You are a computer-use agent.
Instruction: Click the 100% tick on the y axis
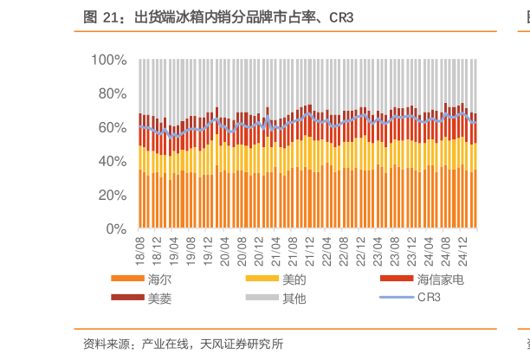click(109, 60)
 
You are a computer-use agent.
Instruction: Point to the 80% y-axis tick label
click(112, 93)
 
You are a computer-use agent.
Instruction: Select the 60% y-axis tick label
click(112, 127)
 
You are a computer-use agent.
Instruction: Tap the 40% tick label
click(112, 162)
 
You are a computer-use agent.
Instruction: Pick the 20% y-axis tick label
click(112, 196)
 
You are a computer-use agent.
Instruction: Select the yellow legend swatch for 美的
click(262, 280)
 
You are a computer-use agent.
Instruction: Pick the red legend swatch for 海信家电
click(397, 280)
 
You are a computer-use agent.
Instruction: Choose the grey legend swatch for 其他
click(262, 298)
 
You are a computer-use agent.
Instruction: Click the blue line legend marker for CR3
click(397, 298)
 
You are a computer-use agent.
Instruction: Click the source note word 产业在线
click(166, 344)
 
